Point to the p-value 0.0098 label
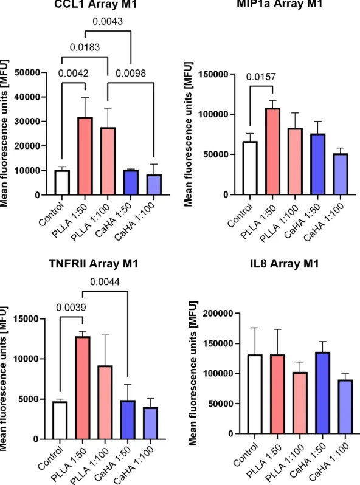click(131, 74)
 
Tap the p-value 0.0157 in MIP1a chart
click(261, 77)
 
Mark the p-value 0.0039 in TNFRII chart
click(71, 308)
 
